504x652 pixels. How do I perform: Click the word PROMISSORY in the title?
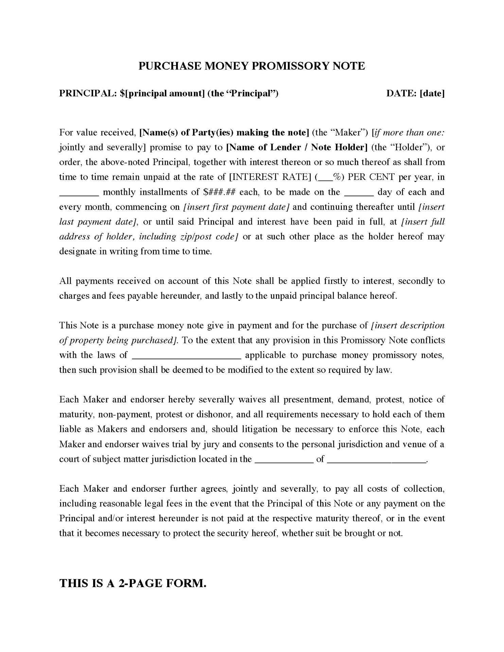291,66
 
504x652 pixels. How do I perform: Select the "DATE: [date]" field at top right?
415,93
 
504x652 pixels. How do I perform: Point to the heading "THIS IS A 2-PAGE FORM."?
133,583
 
